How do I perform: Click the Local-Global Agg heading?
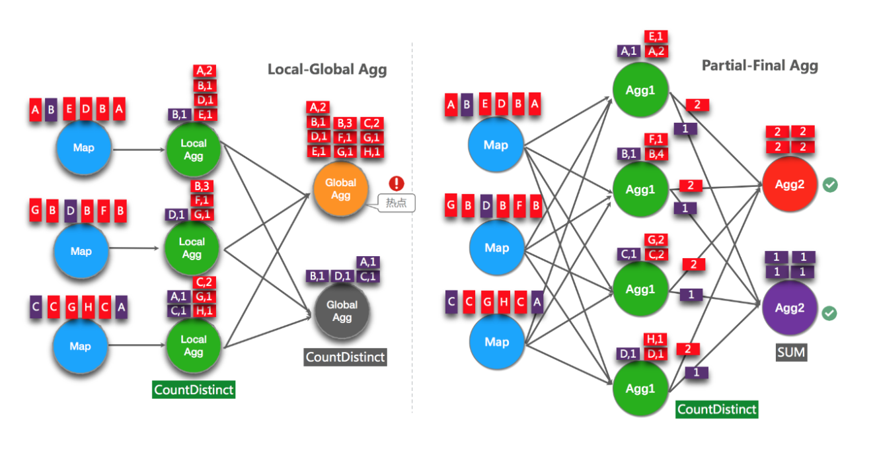point(327,69)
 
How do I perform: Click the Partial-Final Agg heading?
point(759,65)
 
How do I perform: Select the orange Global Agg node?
point(340,189)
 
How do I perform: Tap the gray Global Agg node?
point(342,311)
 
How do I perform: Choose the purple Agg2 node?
point(790,308)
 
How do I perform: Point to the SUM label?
point(791,352)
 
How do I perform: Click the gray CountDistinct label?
point(345,357)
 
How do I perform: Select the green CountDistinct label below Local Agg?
point(194,390)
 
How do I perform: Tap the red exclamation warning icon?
point(397,184)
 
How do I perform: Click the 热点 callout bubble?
point(397,203)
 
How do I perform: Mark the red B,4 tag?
point(656,155)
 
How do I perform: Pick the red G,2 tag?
point(656,240)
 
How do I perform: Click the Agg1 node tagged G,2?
point(640,289)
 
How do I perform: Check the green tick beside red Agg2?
point(831,186)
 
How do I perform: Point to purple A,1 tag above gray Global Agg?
point(368,262)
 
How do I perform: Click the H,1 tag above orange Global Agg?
point(371,152)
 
